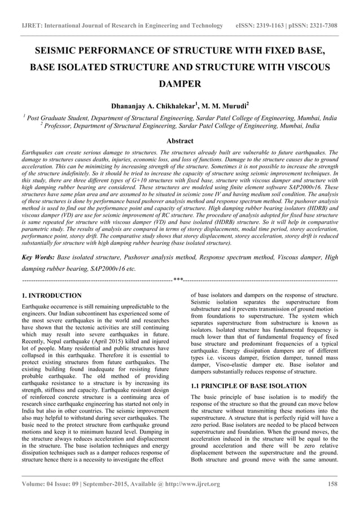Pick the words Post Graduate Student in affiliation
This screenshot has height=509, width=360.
(x=56, y=119)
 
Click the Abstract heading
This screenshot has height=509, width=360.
(x=179, y=141)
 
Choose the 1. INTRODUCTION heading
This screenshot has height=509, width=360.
(x=51, y=295)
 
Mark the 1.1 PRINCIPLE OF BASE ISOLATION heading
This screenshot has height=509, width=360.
(x=249, y=386)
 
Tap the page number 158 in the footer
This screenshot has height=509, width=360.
(x=333, y=484)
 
